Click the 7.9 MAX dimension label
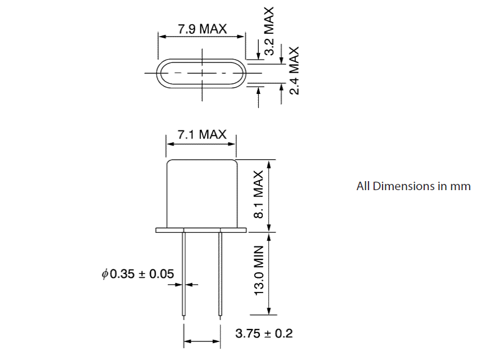[x=203, y=29]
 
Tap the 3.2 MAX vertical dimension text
[x=269, y=31]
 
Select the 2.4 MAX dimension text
[x=293, y=71]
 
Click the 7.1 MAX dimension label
[x=202, y=134]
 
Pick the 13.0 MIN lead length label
[x=259, y=274]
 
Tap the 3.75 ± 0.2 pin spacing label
[x=264, y=334]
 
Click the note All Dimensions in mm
[x=413, y=186]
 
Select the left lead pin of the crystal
[x=184, y=273]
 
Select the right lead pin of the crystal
[x=220, y=273]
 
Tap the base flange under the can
[x=202, y=229]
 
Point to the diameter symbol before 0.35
[x=105, y=274]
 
